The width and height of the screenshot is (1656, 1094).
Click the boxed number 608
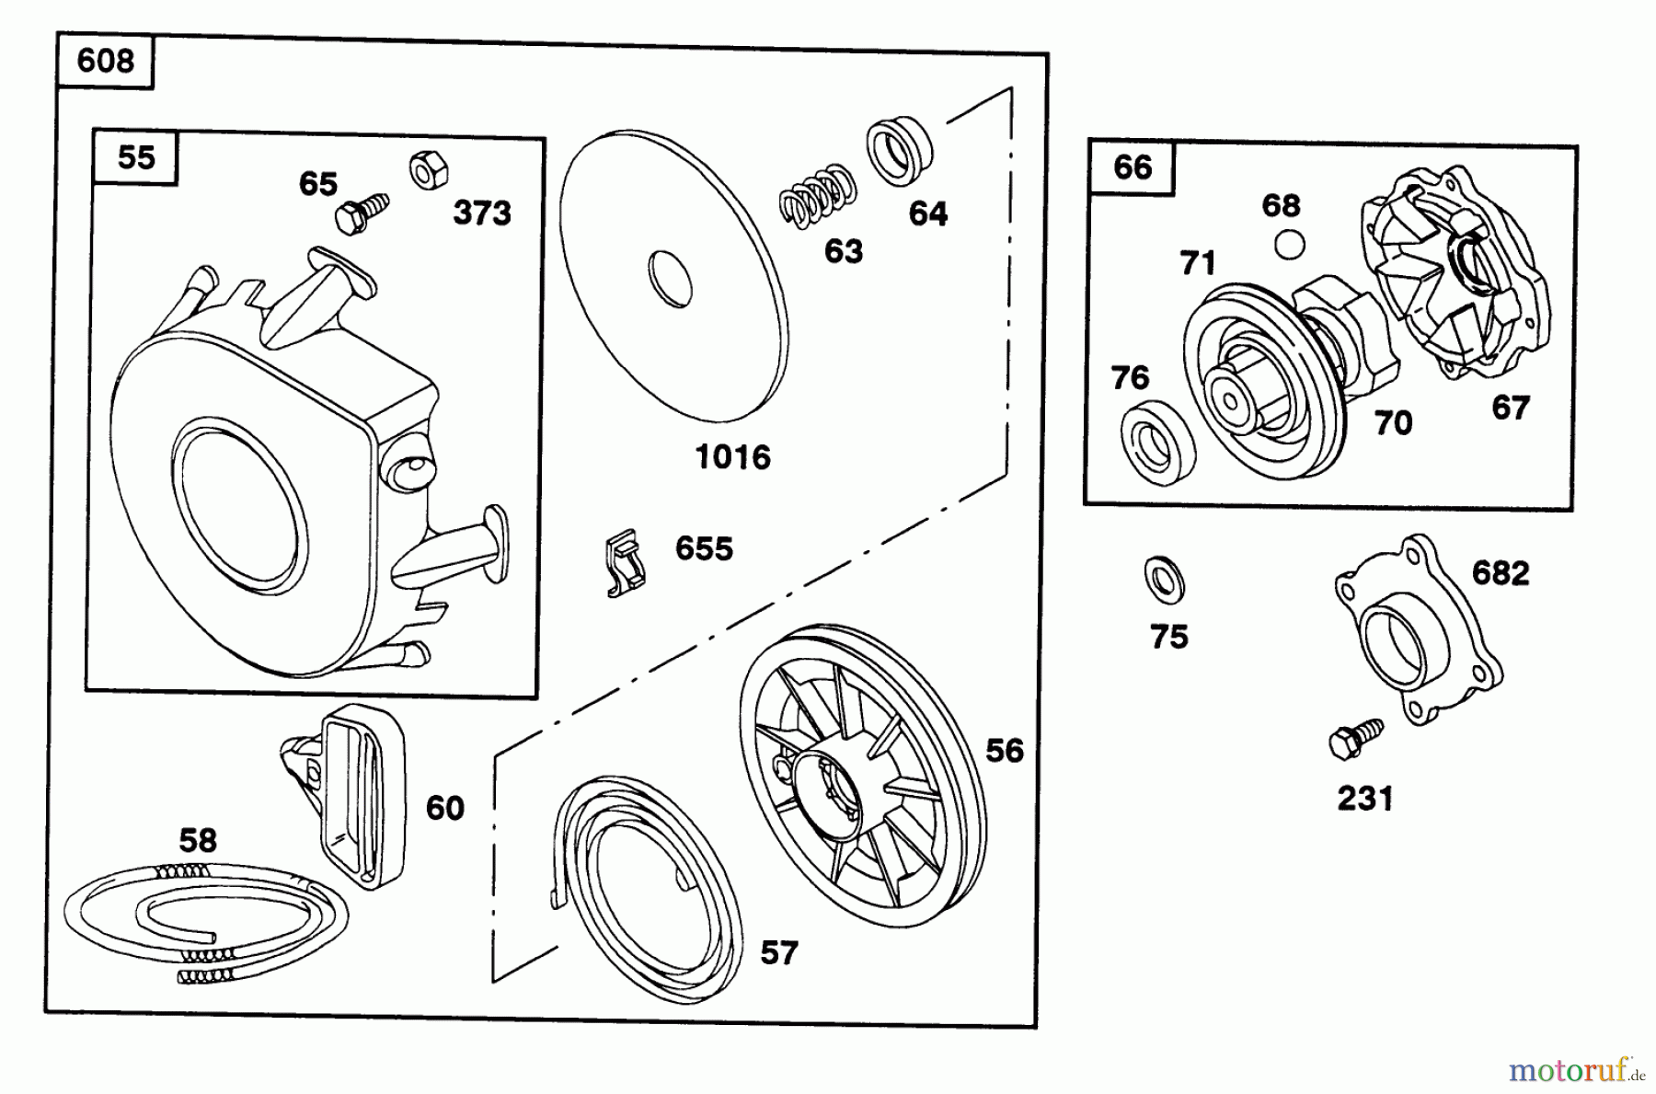click(x=105, y=62)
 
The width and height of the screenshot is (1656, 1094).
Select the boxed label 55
click(x=136, y=157)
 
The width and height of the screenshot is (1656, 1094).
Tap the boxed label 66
click(x=1132, y=167)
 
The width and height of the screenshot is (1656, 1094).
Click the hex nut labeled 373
click(x=429, y=169)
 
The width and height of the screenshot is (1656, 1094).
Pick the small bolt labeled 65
click(x=360, y=213)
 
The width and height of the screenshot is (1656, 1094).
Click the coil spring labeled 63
click(x=817, y=196)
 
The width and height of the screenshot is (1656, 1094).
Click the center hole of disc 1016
click(x=669, y=277)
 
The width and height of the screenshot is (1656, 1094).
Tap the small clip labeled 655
click(x=626, y=562)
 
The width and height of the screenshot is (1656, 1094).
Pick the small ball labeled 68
click(x=1292, y=244)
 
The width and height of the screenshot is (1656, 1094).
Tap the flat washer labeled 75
click(x=1165, y=581)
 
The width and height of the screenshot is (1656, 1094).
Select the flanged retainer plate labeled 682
click(x=1418, y=634)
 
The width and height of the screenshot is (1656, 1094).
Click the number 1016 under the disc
click(x=732, y=457)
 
